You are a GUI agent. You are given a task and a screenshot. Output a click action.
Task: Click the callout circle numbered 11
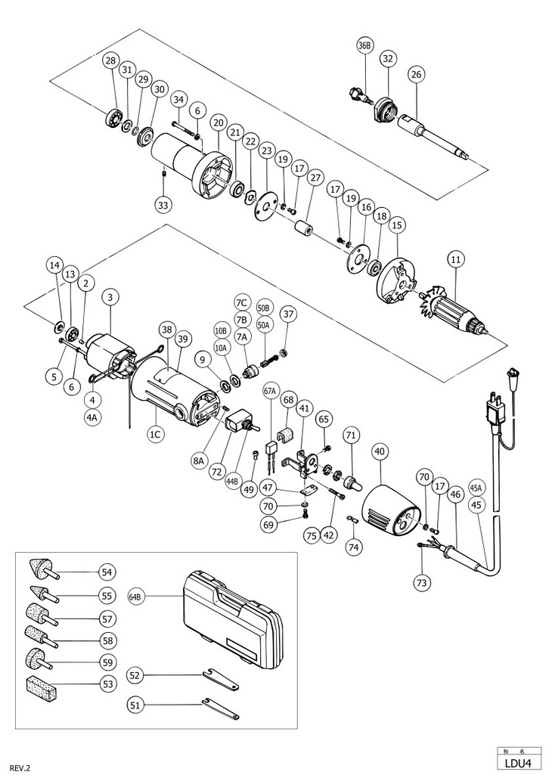pyautogui.click(x=456, y=259)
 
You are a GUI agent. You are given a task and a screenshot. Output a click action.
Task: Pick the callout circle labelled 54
pyautogui.click(x=107, y=572)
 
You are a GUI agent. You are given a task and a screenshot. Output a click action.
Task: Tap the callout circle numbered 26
pyautogui.click(x=416, y=75)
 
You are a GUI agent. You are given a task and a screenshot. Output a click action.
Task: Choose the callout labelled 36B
pyautogui.click(x=364, y=46)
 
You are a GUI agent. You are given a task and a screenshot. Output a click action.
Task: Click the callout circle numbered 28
pyautogui.click(x=110, y=60)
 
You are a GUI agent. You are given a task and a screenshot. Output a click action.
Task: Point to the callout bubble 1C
pyautogui.click(x=156, y=434)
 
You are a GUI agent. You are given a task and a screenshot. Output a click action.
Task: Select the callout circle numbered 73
pyautogui.click(x=421, y=581)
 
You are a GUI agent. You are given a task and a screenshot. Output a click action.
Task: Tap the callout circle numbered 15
pyautogui.click(x=397, y=225)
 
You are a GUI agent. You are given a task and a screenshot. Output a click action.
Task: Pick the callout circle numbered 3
pyautogui.click(x=110, y=297)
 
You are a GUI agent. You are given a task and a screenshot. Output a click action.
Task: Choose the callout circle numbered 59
pyautogui.click(x=107, y=662)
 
